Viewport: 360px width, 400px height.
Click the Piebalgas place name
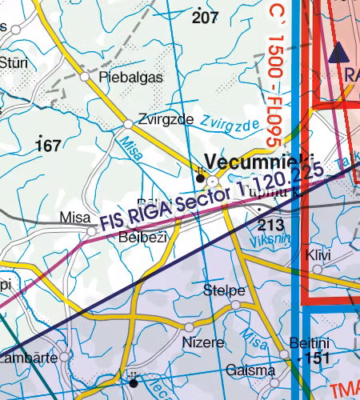130,78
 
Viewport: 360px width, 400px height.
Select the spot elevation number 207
206,16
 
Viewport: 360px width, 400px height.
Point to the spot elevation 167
49,145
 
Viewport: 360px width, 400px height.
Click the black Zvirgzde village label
166,118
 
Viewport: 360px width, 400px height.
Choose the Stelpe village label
224,290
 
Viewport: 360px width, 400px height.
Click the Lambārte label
29,358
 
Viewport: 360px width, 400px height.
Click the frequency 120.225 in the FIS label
293,181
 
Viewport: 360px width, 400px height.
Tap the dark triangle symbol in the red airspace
338,53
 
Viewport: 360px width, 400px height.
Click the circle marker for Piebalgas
86,76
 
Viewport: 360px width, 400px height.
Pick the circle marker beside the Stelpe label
236,305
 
